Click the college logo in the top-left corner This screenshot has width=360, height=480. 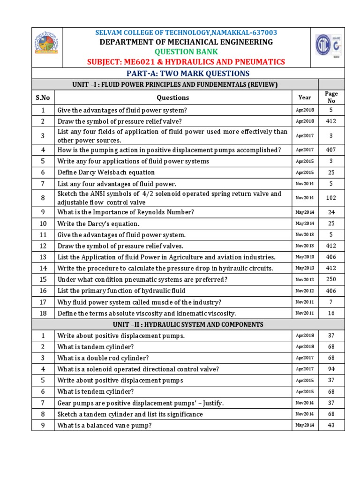pyautogui.click(x=45, y=45)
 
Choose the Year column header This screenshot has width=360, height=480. pyautogui.click(x=304, y=97)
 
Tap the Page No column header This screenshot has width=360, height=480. pyautogui.click(x=331, y=97)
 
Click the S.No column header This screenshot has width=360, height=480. pyautogui.click(x=43, y=97)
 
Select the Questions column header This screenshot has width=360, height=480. pyautogui.click(x=172, y=97)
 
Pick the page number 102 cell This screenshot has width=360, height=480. pyautogui.click(x=331, y=198)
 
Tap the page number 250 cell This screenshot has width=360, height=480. pyautogui.click(x=331, y=279)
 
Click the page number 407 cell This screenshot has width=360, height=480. pyautogui.click(x=331, y=150)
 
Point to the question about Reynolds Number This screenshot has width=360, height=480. pyautogui.click(x=125, y=212)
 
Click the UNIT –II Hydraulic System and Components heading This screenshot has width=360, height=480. pyautogui.click(x=188, y=324)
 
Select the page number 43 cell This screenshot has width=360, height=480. pyautogui.click(x=331, y=425)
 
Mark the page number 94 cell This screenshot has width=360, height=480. pyautogui.click(x=331, y=369)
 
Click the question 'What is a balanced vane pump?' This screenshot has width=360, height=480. pyautogui.click(x=105, y=425)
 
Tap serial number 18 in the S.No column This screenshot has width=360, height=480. pyautogui.click(x=43, y=313)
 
